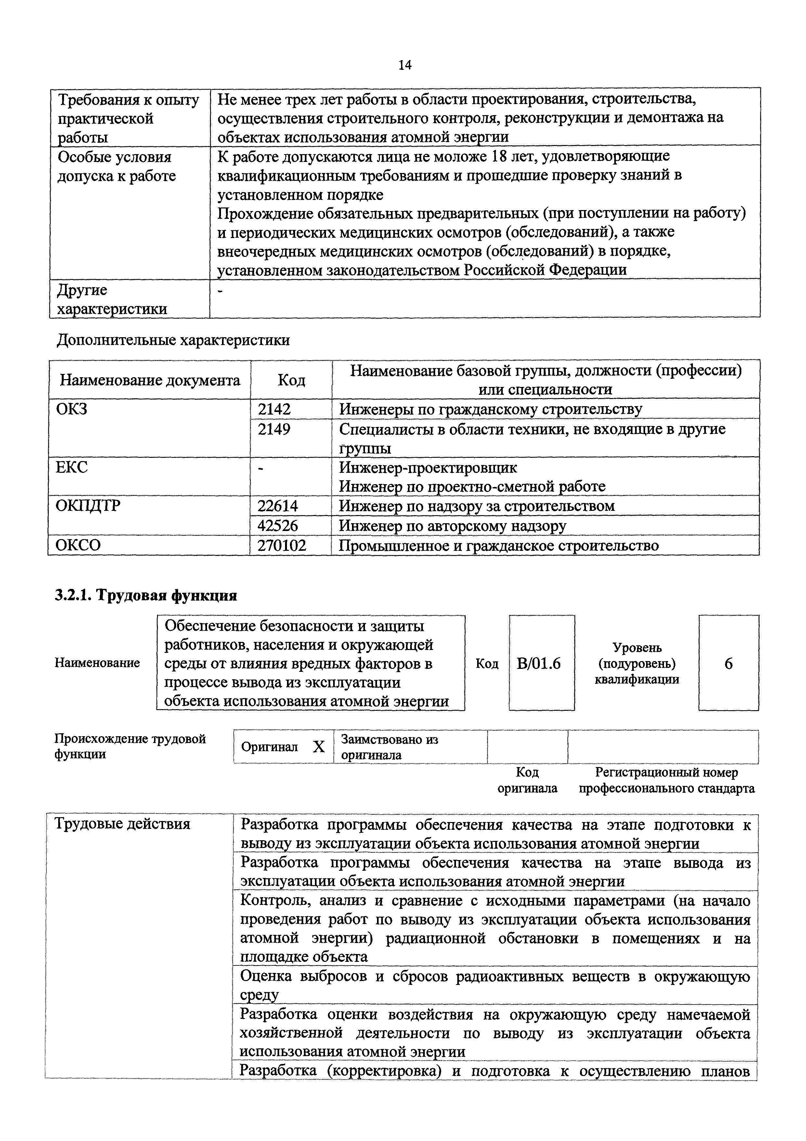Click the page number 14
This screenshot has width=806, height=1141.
pos(404,65)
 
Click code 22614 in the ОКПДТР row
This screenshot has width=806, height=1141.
pos(278,506)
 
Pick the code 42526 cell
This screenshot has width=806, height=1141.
pos(278,525)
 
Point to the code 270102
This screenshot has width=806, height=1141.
pos(281,545)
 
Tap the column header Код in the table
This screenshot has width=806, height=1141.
pos(291,380)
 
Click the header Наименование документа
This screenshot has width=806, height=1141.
pos(150,380)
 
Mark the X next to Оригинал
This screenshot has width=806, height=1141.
pos(319,747)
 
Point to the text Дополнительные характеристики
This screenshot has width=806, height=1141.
pos(173,340)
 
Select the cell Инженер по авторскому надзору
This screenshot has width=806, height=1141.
pos(452,525)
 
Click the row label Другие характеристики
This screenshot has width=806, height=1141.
pos(112,299)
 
